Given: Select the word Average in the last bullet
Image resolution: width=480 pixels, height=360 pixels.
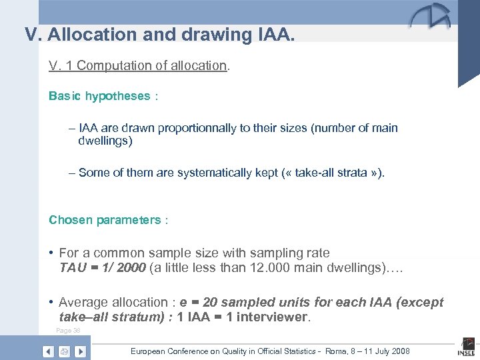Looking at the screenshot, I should coord(83,303).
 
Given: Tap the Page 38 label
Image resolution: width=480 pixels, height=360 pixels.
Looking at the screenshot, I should coord(68,330).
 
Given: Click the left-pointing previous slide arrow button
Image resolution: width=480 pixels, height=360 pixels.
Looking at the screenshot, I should coord(48,351).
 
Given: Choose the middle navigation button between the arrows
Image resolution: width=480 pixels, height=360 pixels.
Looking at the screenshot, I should coord(64,351).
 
